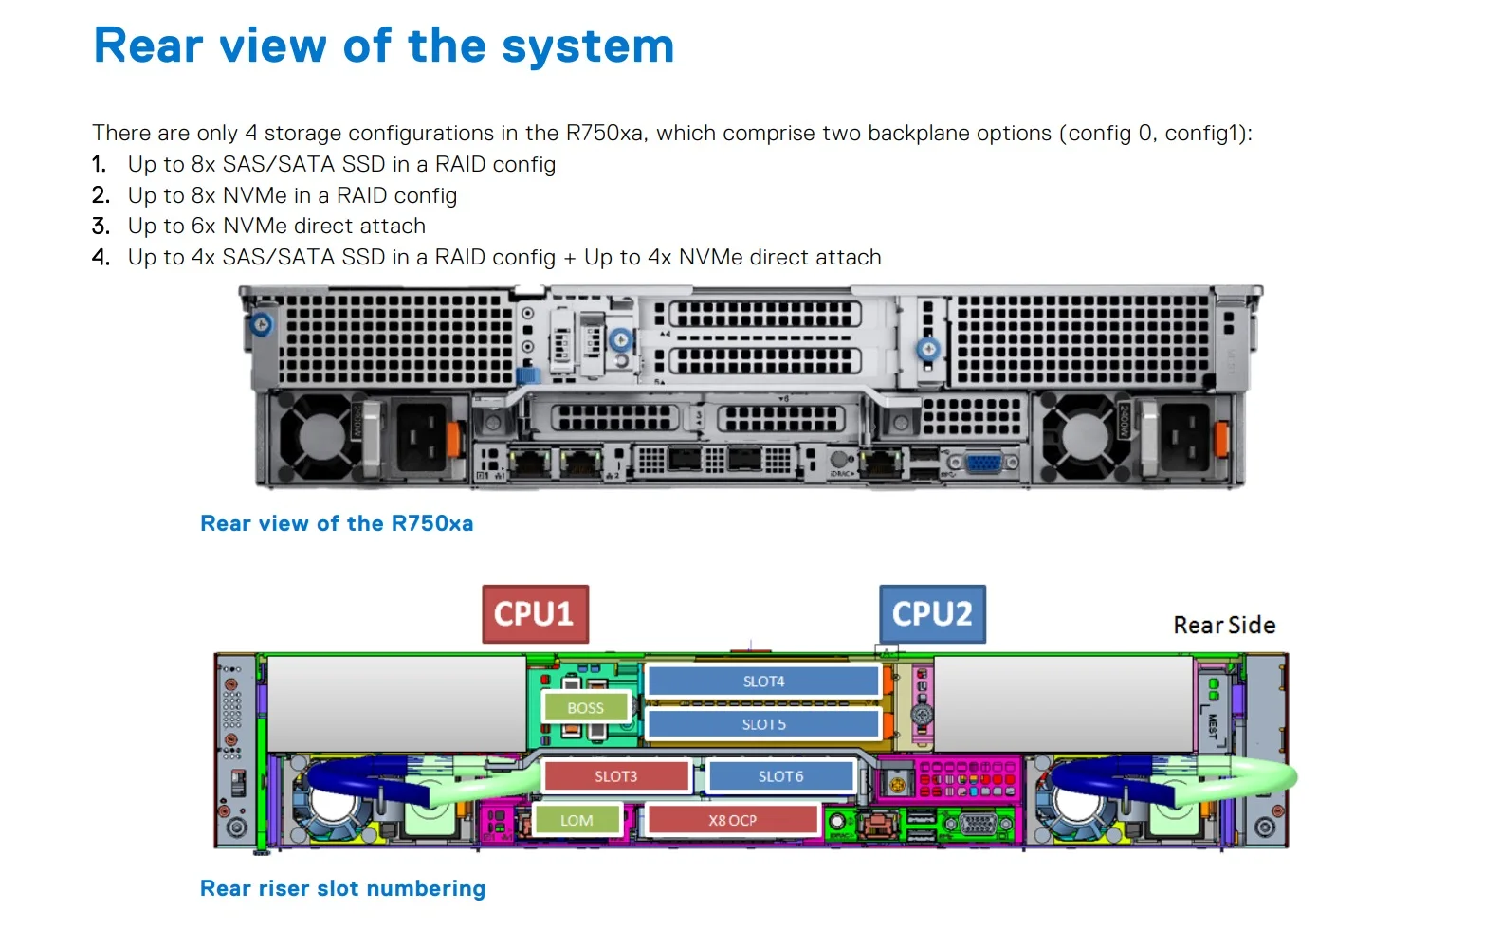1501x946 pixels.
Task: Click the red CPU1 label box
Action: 535,614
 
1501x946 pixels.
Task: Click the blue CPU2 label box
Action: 932,614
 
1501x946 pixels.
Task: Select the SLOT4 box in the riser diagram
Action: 763,682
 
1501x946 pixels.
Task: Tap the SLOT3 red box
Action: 615,776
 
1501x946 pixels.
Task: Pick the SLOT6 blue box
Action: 780,776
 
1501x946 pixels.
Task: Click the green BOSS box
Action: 585,708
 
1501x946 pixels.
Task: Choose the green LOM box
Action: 577,820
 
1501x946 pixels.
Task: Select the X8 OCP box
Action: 732,820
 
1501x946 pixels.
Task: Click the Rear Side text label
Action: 1224,626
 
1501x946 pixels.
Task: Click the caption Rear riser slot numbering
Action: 342,888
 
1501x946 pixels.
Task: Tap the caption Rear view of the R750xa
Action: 337,523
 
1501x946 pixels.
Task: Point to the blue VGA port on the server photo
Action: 983,463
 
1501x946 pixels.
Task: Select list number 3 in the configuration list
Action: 101,226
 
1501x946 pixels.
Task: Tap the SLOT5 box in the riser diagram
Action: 763,724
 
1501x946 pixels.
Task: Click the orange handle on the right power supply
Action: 1220,437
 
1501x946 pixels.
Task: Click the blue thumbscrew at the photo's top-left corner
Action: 262,325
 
